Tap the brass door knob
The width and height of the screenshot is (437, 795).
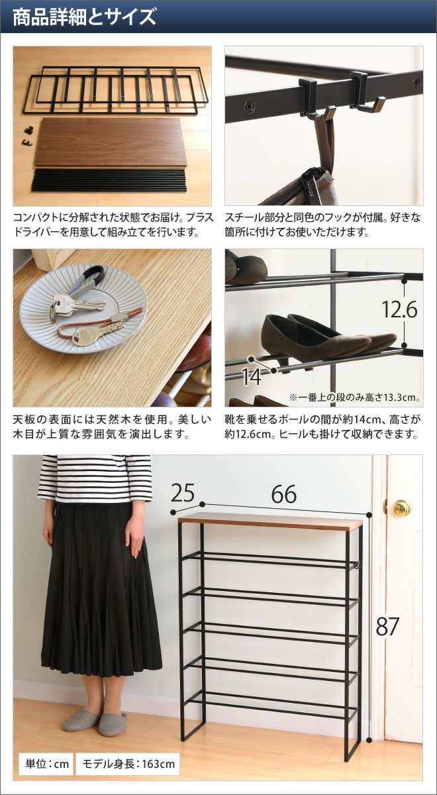click(x=401, y=508)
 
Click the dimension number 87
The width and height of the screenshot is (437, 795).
click(x=387, y=627)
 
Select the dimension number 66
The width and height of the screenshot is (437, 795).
click(x=284, y=494)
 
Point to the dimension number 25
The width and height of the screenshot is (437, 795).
click(x=183, y=493)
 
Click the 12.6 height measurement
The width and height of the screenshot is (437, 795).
click(x=400, y=309)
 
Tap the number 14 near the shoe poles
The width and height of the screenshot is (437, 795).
click(x=252, y=377)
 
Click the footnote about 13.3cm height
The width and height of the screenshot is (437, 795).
click(x=355, y=397)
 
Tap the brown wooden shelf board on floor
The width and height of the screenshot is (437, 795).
click(x=111, y=142)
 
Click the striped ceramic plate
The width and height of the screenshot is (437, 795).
click(x=83, y=308)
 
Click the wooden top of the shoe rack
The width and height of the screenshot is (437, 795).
click(x=270, y=521)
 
